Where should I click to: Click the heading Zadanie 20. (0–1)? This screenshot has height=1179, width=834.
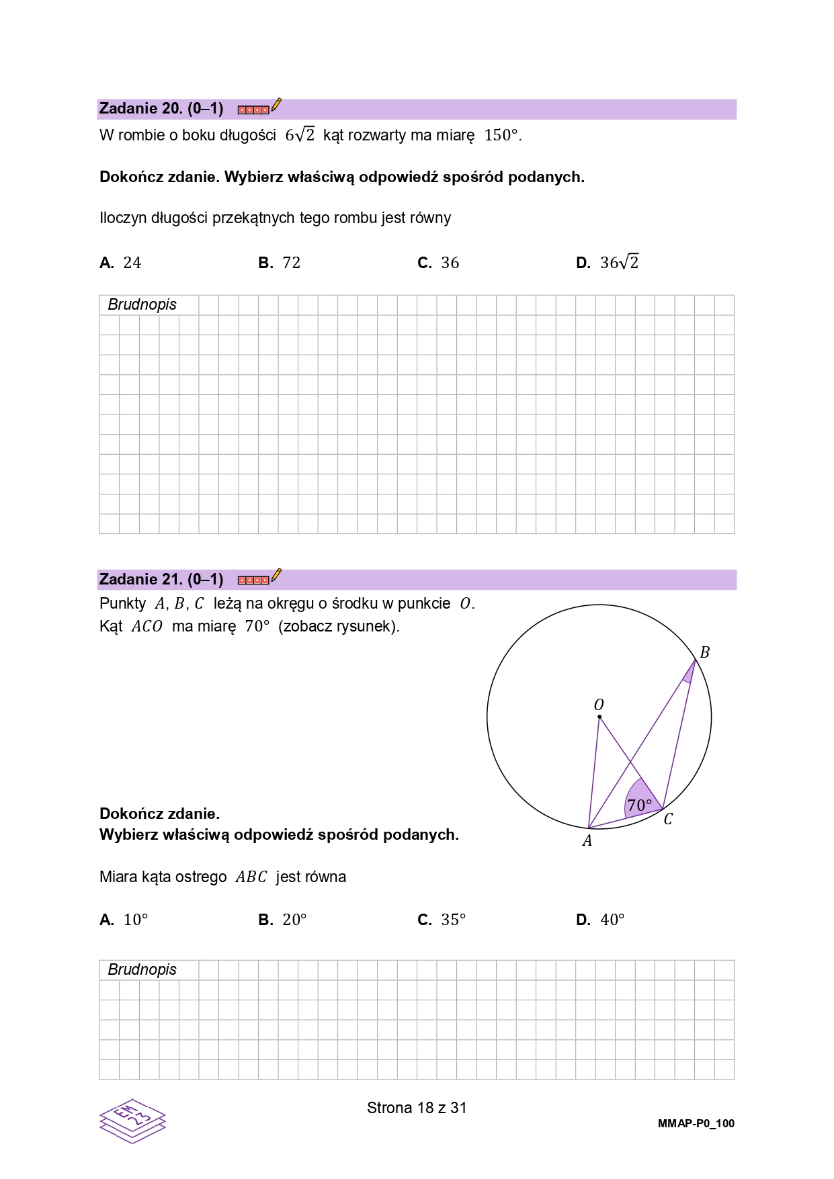click(x=161, y=109)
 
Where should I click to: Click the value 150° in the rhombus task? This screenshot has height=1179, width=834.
click(x=501, y=135)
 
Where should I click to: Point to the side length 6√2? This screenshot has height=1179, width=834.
click(x=300, y=135)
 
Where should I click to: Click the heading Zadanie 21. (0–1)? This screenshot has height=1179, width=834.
click(x=161, y=579)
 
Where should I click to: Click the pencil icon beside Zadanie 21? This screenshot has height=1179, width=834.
click(x=276, y=576)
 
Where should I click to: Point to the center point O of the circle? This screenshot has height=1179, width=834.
click(x=599, y=717)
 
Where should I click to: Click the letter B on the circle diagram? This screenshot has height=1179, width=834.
click(x=704, y=652)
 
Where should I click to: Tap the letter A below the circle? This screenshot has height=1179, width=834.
click(x=587, y=841)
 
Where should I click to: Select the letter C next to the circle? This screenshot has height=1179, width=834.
click(x=668, y=820)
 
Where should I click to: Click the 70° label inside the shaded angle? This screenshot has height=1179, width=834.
click(x=639, y=805)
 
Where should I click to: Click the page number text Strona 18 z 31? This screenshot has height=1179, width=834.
click(x=417, y=1108)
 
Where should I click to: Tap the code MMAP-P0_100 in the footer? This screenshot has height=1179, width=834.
click(x=696, y=1123)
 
